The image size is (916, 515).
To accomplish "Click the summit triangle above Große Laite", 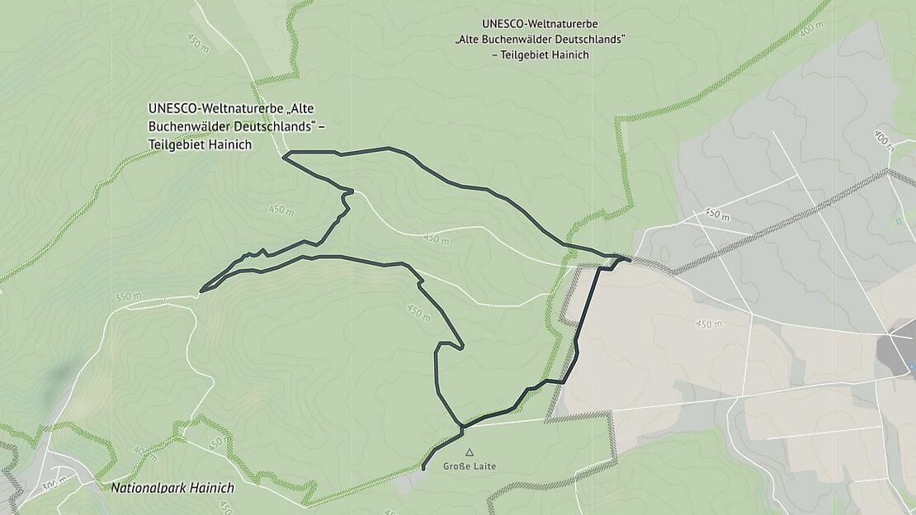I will coord(470,452).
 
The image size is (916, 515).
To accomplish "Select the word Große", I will coord(456,466).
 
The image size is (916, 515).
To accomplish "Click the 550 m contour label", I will coord(129,296).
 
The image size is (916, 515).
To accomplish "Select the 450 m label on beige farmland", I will coord(709,324).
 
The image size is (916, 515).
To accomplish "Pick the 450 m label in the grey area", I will coord(717,215).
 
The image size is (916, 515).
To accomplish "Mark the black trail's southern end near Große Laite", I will coord(423,470).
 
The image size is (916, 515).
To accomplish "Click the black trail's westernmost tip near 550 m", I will coord(201,291).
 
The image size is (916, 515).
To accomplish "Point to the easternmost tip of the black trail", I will coord(630,261).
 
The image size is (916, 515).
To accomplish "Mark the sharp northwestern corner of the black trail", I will coord(283,154).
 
